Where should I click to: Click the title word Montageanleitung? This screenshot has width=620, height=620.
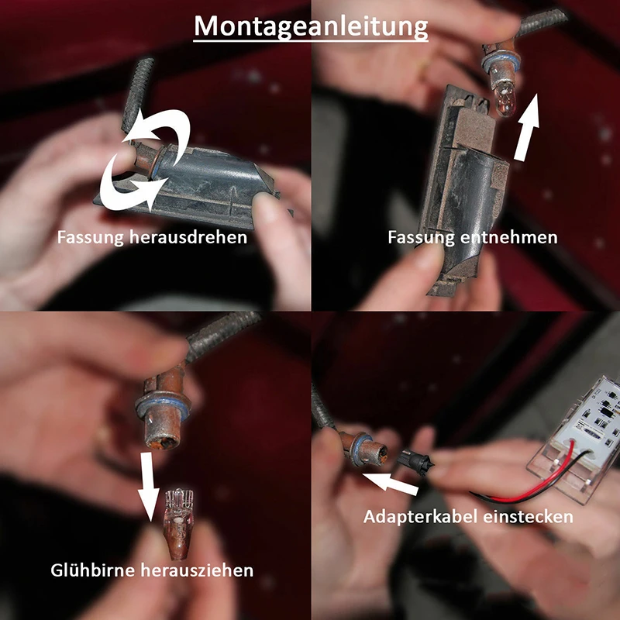point(311,26)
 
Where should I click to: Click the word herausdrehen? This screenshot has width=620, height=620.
point(188,237)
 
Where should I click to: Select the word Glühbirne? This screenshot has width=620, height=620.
point(93,570)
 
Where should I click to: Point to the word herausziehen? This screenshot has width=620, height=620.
point(197,570)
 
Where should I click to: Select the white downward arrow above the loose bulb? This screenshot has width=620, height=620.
point(148,487)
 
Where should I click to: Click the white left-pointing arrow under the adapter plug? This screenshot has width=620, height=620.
point(390,482)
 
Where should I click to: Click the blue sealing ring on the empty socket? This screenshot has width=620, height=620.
point(163,408)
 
